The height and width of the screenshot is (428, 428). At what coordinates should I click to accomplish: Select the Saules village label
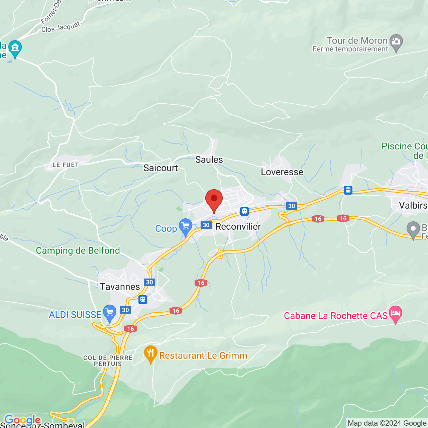209,160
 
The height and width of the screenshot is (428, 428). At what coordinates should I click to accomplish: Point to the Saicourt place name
160,168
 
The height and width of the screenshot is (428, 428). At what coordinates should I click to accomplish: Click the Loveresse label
282,172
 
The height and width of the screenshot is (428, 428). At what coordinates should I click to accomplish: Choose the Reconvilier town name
238,227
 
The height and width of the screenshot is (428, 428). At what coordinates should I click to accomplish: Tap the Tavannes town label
120,287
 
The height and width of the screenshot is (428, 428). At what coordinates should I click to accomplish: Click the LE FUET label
66,165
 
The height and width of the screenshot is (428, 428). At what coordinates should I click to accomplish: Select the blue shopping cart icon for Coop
185,226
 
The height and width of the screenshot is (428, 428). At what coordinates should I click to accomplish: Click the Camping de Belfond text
78,251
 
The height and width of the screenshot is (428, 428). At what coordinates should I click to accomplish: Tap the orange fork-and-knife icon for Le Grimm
151,353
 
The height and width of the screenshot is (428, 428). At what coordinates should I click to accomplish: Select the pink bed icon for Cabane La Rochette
396,314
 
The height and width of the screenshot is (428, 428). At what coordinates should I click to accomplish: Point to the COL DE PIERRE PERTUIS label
108,361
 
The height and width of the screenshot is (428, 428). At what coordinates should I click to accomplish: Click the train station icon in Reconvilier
244,211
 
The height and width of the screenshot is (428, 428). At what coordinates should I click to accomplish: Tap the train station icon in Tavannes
143,299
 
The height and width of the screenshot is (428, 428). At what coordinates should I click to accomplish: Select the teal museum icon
15,48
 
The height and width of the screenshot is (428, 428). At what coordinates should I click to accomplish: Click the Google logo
22,420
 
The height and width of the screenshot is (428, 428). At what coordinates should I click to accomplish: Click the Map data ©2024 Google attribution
387,423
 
